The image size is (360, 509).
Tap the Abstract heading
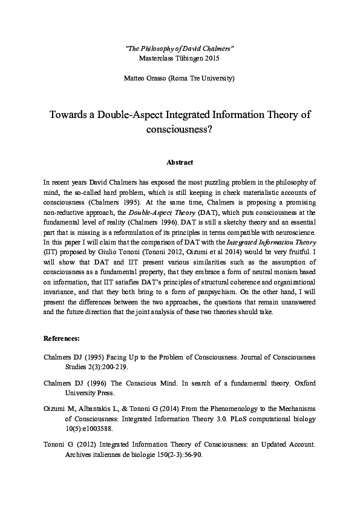[x=180, y=162]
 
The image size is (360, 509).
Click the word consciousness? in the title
[x=180, y=129]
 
